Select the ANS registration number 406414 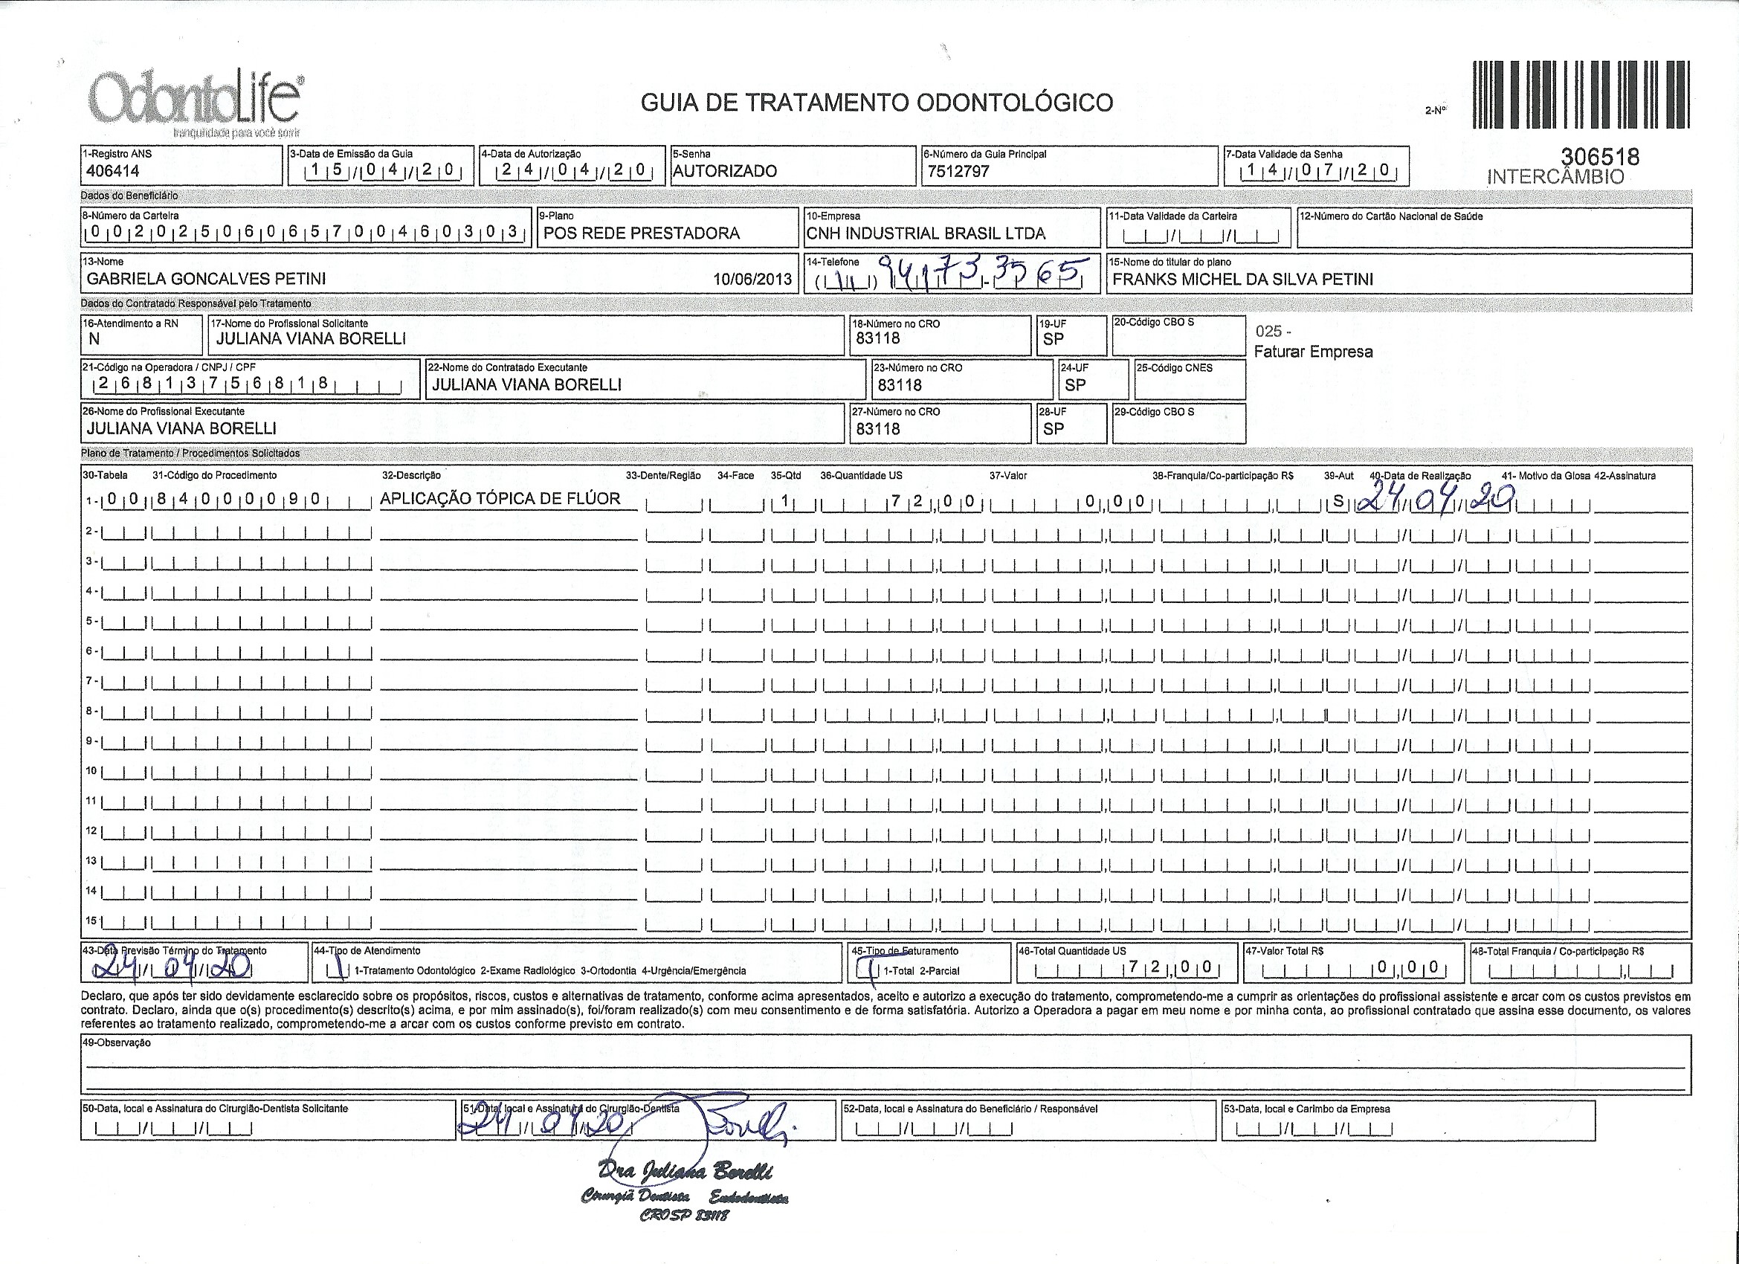coord(114,172)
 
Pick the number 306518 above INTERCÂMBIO coord(1600,156)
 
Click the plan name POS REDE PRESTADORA coord(642,233)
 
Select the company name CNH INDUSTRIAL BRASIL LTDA coord(926,233)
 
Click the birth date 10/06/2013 coord(752,279)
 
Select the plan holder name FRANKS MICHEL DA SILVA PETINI coord(1242,279)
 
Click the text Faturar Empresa coord(1314,352)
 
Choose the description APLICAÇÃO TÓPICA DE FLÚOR coord(500,499)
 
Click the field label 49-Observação coord(116,1043)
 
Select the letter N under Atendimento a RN coord(94,339)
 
